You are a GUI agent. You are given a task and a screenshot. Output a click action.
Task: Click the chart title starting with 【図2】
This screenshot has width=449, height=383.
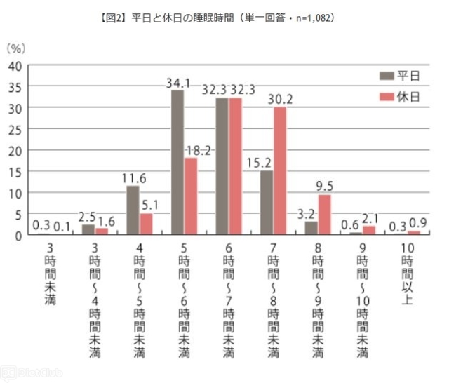[224, 18]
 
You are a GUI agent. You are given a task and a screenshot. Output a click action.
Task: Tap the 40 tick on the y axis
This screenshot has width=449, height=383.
[15, 65]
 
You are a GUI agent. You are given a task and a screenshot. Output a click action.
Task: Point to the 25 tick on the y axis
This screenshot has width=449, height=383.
[15, 129]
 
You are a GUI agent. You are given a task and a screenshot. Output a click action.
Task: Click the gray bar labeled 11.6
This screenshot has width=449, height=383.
[132, 210]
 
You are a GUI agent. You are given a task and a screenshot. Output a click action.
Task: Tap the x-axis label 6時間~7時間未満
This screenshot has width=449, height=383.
[228, 298]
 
